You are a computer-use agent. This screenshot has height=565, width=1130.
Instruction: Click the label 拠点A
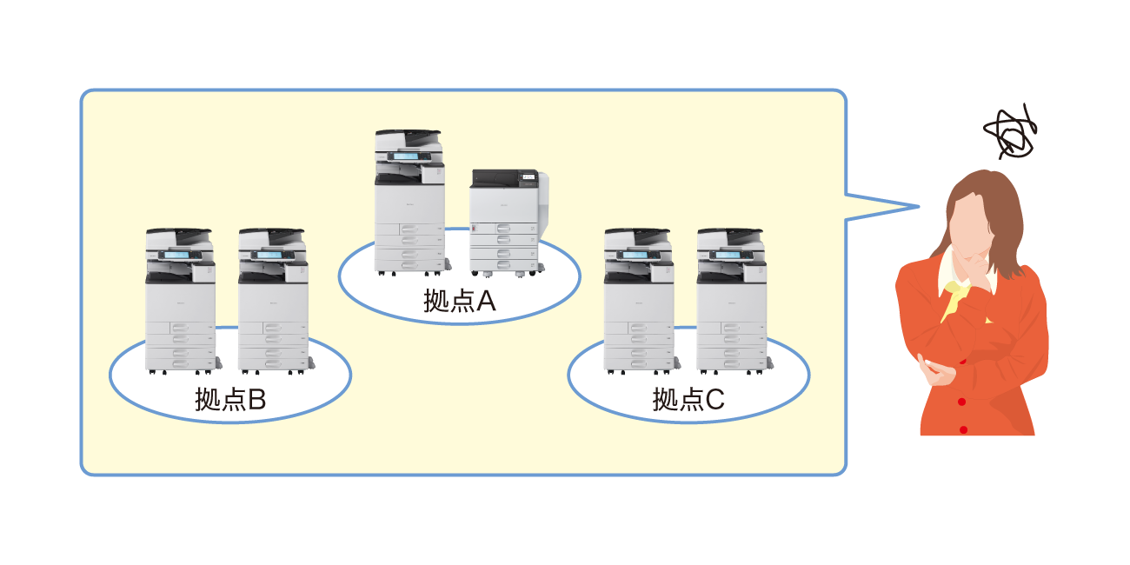tap(459, 301)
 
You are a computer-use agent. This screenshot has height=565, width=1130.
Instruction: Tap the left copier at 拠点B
tap(180, 300)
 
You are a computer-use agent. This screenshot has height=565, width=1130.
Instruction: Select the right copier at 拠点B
tap(272, 300)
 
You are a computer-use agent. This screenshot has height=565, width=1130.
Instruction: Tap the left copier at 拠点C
tap(639, 300)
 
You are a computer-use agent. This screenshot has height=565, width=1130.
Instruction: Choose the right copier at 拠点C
tap(731, 300)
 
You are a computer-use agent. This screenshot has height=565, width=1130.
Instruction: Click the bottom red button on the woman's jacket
tap(963, 429)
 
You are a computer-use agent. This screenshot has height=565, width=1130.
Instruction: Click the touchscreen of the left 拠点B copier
tap(179, 256)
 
